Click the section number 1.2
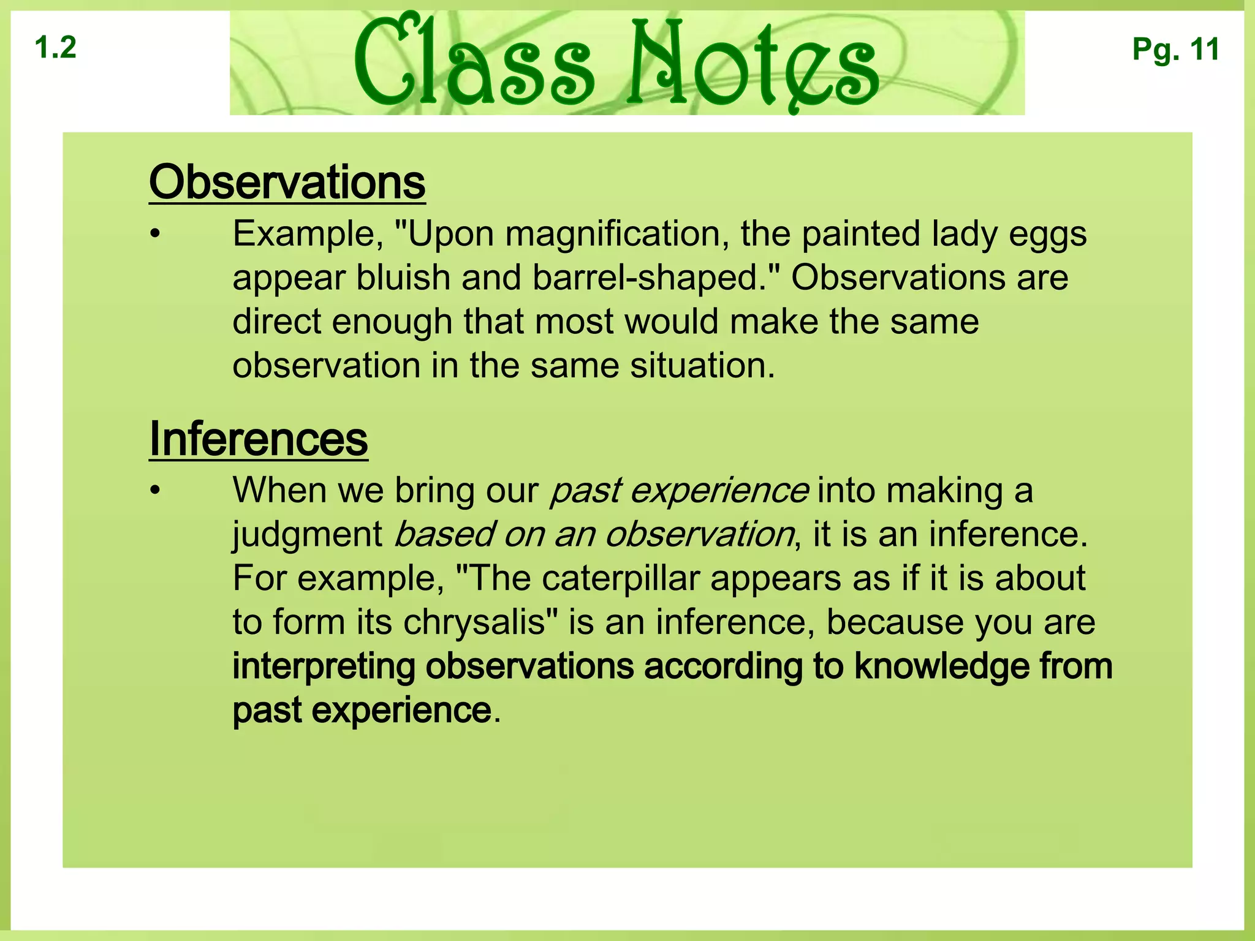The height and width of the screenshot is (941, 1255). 56,48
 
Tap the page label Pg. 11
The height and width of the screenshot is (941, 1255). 1175,49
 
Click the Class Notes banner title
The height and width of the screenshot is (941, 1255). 616,62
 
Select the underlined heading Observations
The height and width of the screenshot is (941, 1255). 287,183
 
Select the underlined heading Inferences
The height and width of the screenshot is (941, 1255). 258,439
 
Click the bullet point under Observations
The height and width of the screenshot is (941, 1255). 156,235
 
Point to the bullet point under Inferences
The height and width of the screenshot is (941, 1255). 156,491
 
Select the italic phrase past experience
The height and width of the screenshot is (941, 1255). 679,492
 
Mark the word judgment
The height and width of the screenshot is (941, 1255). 307,535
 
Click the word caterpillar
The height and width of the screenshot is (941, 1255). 620,578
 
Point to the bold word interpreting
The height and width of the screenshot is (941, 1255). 324,667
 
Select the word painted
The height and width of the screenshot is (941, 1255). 860,235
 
